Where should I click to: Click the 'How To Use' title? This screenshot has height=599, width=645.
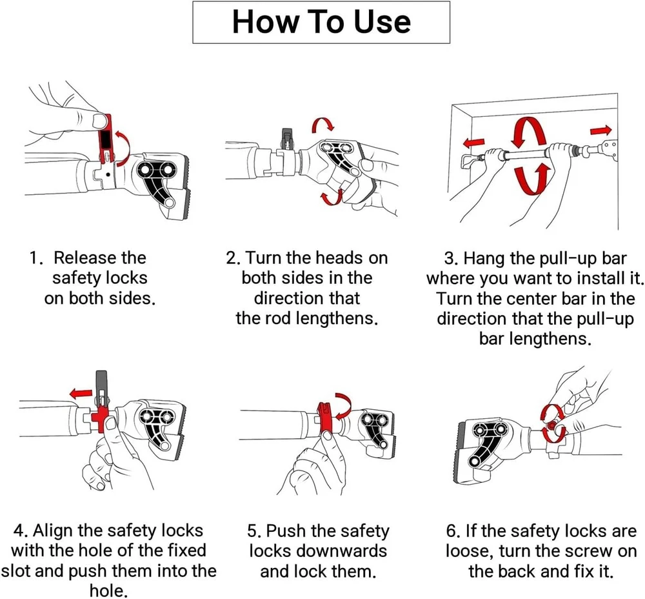pyautogui.click(x=321, y=22)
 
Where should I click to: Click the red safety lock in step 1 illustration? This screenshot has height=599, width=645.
pyautogui.click(x=106, y=140)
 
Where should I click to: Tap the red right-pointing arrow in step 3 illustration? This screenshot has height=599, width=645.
pyautogui.click(x=600, y=131)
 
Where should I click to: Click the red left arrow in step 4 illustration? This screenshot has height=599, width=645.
pyautogui.click(x=81, y=393)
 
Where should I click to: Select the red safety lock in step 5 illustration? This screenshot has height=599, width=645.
pyautogui.click(x=326, y=417)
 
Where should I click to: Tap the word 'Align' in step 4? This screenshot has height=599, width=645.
pyautogui.click(x=53, y=531)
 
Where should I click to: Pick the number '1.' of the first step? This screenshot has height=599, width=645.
pyautogui.click(x=35, y=258)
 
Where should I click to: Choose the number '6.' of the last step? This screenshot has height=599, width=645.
pyautogui.click(x=453, y=531)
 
